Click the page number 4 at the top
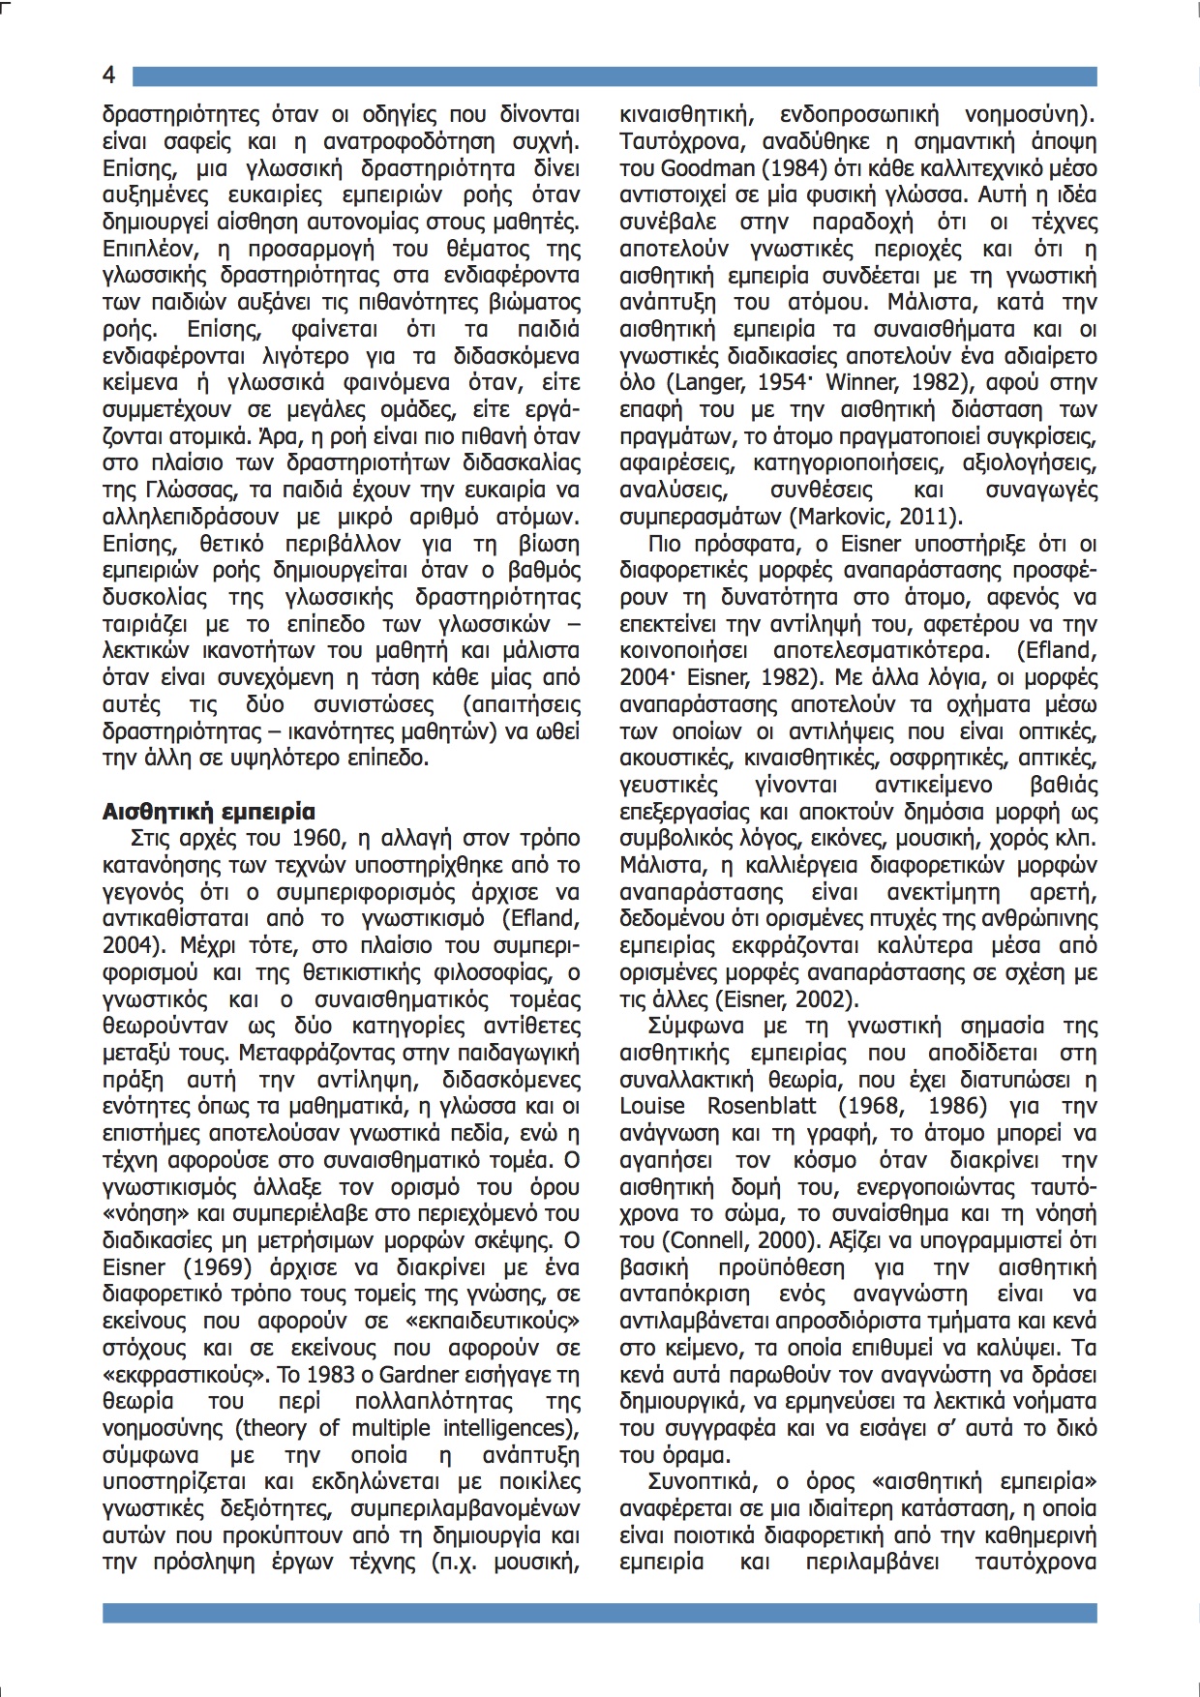click(109, 75)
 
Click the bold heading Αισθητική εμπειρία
click(208, 811)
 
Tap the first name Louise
click(651, 1105)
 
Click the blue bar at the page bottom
click(600, 1612)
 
